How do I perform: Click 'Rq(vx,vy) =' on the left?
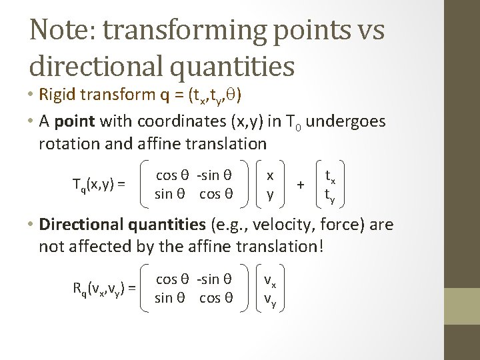click(104, 288)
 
